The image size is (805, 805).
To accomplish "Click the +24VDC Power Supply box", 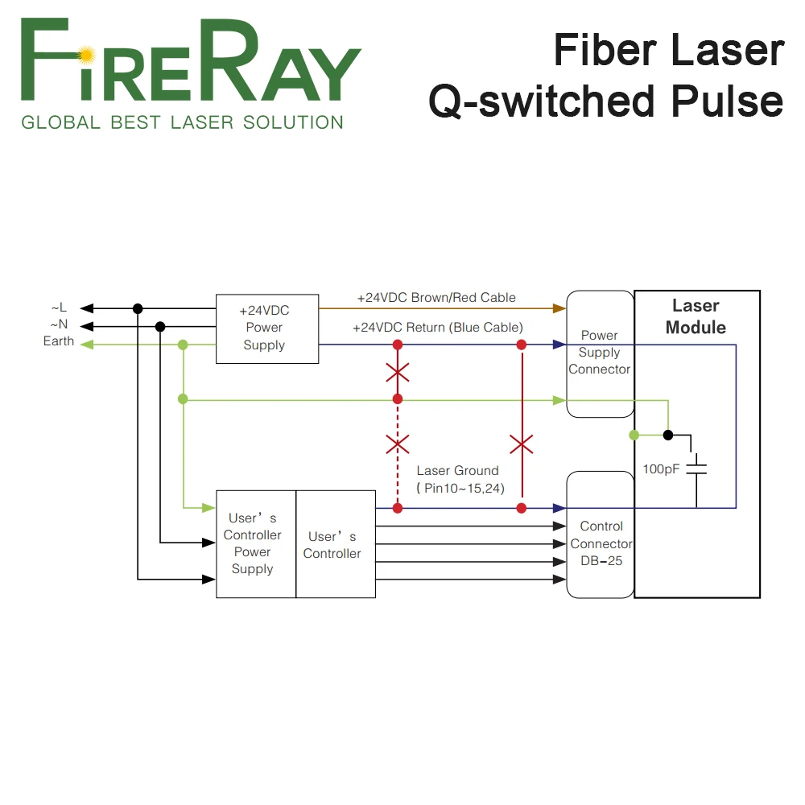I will [264, 328].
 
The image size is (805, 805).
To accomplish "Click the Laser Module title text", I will [696, 316].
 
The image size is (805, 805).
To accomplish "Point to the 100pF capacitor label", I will [662, 469].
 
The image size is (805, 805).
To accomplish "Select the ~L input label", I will [59, 308].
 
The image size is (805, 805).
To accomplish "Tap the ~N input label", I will [59, 324].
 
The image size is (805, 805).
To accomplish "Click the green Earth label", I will [59, 341].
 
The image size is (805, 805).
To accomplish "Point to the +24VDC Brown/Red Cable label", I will [436, 297].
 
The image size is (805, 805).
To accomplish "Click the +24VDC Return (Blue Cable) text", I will [438, 327].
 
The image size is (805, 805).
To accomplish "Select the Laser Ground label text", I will [458, 471].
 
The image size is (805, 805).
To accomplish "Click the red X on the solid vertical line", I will [522, 444].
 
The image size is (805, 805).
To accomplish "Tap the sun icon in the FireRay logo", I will [87, 55].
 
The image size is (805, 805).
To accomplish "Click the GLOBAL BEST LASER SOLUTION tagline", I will [182, 122].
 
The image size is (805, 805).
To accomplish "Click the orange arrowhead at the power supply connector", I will [559, 308].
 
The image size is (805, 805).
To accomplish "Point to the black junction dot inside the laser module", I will [667, 435].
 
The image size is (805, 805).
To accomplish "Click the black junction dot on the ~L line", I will [138, 308].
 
